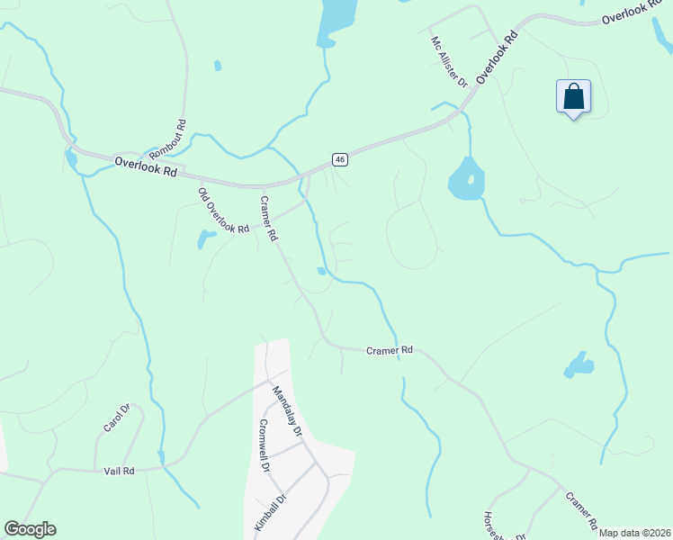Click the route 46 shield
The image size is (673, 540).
(x=339, y=159)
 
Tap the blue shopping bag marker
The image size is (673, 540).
(x=573, y=97)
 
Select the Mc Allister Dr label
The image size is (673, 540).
(x=449, y=61)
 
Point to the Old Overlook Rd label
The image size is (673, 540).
(x=223, y=211)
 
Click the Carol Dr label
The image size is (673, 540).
(x=117, y=418)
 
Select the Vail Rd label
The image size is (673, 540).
(x=118, y=471)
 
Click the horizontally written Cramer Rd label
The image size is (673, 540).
(x=389, y=349)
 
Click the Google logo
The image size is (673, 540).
(x=30, y=529)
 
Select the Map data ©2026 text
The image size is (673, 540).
(x=634, y=533)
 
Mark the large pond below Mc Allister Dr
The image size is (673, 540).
(x=465, y=180)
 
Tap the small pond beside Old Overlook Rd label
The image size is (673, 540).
(x=206, y=238)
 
